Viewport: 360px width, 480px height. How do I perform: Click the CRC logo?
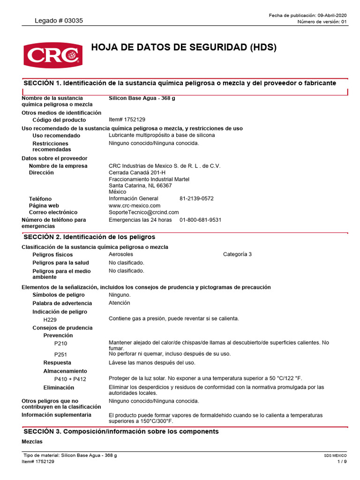click(x=52, y=54)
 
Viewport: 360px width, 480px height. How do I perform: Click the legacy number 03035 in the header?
click(x=59, y=21)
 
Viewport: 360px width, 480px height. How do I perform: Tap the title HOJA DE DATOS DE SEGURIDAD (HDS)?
click(x=184, y=47)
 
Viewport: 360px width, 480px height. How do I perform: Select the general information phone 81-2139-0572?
click(x=196, y=198)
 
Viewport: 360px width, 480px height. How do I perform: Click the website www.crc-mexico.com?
click(x=135, y=205)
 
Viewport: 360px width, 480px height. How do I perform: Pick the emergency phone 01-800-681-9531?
click(x=200, y=220)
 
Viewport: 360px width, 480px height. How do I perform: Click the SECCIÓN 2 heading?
click(x=89, y=237)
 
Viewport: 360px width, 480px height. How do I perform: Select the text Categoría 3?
click(x=237, y=254)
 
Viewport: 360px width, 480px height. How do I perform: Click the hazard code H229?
click(x=50, y=320)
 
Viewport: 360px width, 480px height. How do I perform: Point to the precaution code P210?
click(x=61, y=344)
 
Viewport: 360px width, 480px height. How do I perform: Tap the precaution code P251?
click(x=61, y=354)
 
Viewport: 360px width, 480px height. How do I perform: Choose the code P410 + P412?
click(x=70, y=379)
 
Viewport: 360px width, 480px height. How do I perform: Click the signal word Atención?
click(x=120, y=303)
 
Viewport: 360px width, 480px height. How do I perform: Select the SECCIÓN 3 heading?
click(x=120, y=431)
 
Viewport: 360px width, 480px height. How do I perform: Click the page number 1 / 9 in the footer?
click(x=342, y=462)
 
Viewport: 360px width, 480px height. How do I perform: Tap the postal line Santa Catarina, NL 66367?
click(x=140, y=186)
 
